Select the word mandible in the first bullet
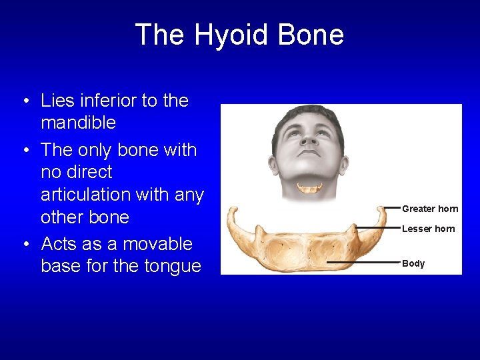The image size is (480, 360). point(78,123)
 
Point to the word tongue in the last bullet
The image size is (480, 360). point(171,266)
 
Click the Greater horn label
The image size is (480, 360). point(430,209)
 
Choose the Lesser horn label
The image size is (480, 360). point(428,229)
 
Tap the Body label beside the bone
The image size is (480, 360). point(413,263)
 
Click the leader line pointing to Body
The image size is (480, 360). point(363,263)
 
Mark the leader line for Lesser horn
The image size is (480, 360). point(377,228)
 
